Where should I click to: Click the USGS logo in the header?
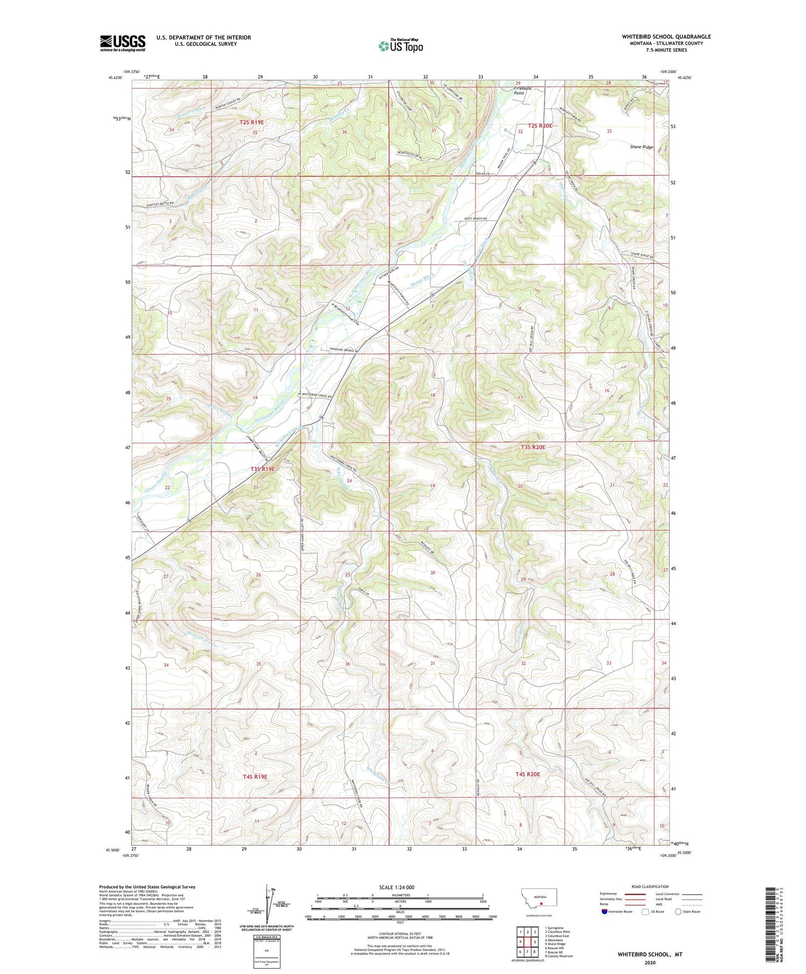(123, 43)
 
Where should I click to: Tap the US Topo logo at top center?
(400, 46)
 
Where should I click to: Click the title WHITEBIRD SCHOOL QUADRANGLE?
(666, 37)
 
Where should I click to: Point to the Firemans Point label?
(519, 91)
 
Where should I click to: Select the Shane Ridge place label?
(641, 147)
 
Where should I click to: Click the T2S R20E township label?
(539, 125)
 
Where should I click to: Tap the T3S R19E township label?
(262, 469)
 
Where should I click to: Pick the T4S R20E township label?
(527, 774)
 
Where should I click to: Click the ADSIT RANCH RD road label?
(479, 219)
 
